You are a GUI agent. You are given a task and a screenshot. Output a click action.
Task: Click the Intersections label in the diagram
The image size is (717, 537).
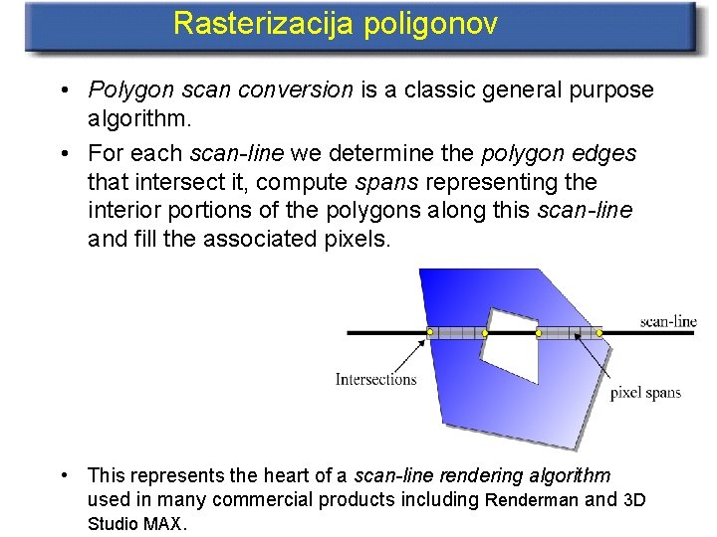click(375, 379)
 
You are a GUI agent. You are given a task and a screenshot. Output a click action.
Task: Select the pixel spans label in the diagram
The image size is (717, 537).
click(645, 392)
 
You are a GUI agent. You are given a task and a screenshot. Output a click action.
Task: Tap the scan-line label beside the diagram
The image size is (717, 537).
click(667, 321)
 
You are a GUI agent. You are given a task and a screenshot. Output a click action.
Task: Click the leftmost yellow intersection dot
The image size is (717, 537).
click(429, 331)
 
